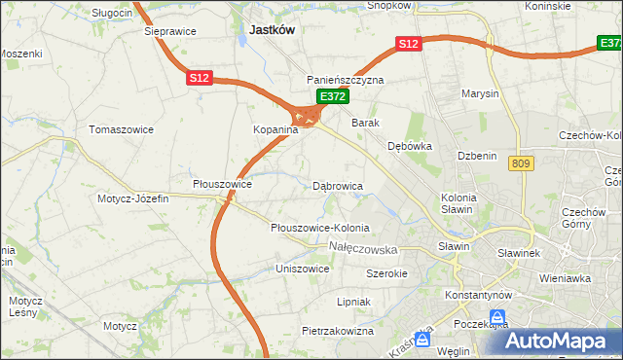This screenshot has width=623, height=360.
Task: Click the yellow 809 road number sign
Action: (x=519, y=165)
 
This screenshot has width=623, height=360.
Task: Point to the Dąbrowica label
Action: (x=338, y=185)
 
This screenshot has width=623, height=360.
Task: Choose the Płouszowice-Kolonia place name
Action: (x=320, y=228)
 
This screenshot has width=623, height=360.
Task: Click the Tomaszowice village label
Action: (x=118, y=129)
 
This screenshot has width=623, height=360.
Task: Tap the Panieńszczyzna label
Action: (x=346, y=80)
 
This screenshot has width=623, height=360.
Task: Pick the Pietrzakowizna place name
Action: (x=338, y=332)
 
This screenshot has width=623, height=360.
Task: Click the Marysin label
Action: (x=481, y=94)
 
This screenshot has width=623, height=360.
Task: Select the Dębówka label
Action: (x=410, y=146)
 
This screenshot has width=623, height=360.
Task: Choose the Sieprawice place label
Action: (x=170, y=31)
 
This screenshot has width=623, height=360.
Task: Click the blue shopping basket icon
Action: (x=498, y=317)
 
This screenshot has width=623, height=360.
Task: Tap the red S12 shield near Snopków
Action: (x=408, y=44)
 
